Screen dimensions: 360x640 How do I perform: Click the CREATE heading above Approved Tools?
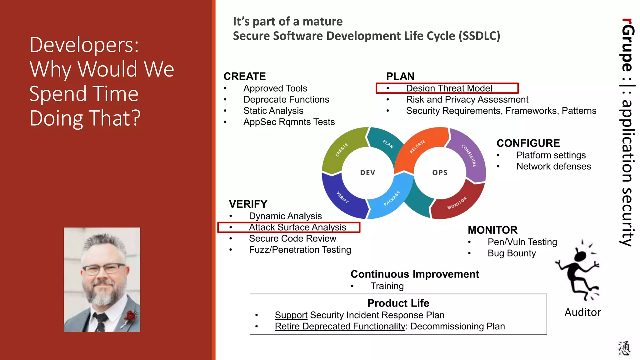coord(244,76)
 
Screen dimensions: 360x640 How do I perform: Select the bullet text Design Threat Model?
coord(449,88)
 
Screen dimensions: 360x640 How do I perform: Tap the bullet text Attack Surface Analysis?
coord(297,227)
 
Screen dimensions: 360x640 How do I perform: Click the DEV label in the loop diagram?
coord(367,172)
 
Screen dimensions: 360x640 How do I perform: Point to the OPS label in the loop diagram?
coord(440,172)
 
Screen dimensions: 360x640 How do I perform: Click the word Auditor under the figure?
coord(582,312)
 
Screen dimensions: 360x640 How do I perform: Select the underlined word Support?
coord(291,315)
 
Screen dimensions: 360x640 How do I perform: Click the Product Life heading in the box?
coord(398,303)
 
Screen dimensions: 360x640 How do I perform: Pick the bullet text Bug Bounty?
coord(512,253)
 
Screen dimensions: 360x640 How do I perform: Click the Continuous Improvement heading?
coord(415,274)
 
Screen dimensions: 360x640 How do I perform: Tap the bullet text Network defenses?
coord(553,166)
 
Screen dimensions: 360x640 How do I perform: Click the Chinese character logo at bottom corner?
coord(624,348)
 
